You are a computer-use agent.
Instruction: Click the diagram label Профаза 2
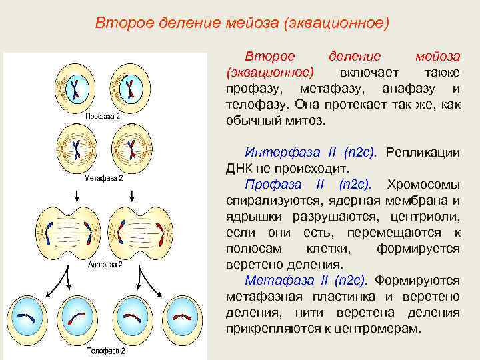click(103, 115)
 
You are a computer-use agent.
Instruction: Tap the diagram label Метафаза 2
click(103, 178)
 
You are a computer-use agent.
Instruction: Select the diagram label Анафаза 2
click(105, 264)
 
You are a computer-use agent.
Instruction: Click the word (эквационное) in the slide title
click(335, 23)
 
